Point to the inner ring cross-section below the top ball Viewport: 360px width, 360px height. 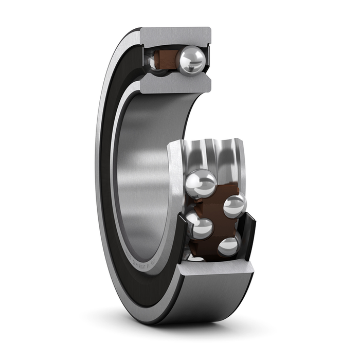pos(175,84)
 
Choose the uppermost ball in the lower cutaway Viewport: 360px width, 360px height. pos(201,183)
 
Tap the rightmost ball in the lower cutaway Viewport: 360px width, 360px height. pos(235,205)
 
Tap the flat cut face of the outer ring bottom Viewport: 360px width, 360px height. pos(216,270)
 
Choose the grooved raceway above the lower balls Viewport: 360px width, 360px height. pos(216,154)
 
